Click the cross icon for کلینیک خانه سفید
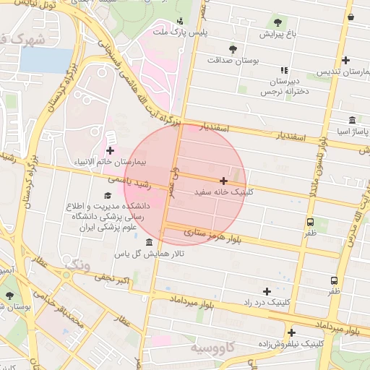[x=223, y=181]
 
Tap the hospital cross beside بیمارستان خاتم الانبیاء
[x=110, y=150]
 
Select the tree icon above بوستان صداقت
[x=232, y=49]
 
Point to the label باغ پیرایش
[x=278, y=34]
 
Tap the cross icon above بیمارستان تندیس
[x=346, y=61]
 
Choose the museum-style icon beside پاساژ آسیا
[x=351, y=120]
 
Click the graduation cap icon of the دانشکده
[x=108, y=195]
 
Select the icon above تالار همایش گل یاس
[x=149, y=242]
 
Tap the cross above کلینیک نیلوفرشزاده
[x=291, y=333]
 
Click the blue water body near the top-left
[x=45, y=60]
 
